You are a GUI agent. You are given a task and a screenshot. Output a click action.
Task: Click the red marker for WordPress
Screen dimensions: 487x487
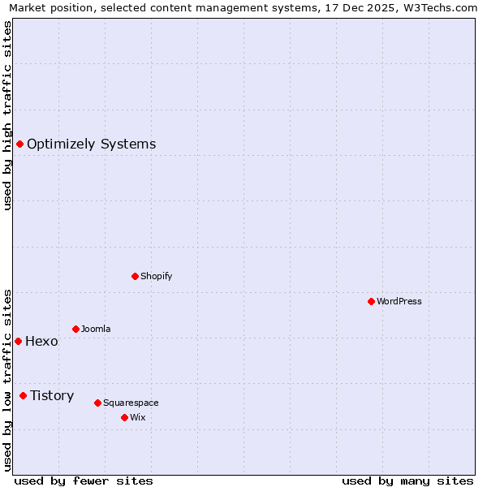[x=371, y=301]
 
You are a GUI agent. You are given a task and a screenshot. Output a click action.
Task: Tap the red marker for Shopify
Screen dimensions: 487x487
[x=135, y=276]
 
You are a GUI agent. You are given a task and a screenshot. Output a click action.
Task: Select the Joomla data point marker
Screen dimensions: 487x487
[x=75, y=329]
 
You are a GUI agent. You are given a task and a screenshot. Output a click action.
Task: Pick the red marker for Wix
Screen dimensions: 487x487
[x=124, y=417]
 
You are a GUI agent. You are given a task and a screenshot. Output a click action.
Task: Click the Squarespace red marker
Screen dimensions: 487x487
[x=97, y=403]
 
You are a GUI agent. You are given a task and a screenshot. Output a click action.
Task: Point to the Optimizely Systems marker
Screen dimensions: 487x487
[x=19, y=144]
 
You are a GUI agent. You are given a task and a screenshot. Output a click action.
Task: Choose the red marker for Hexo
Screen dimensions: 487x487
[x=18, y=341]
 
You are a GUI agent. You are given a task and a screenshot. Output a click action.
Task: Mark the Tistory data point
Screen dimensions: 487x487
[x=23, y=395]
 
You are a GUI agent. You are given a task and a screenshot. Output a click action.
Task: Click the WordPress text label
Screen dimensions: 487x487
[x=399, y=301]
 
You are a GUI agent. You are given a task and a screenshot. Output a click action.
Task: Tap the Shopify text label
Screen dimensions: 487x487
[x=157, y=276]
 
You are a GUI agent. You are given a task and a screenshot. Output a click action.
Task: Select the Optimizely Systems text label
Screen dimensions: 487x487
[x=91, y=144]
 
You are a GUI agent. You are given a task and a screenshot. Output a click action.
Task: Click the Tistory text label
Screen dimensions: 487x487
[x=52, y=395]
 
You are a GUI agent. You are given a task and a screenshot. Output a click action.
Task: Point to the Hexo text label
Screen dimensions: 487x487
[x=41, y=341]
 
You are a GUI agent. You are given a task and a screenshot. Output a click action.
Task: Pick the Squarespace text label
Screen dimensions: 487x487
[x=131, y=403]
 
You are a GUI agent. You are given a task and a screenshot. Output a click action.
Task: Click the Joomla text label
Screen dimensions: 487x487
[x=96, y=329]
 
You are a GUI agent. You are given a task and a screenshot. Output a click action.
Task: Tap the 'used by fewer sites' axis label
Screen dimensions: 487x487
[x=84, y=481]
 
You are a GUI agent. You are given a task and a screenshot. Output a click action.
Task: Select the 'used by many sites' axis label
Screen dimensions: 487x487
[x=407, y=481]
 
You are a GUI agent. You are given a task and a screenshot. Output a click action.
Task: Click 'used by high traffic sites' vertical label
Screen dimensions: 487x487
[x=7, y=115]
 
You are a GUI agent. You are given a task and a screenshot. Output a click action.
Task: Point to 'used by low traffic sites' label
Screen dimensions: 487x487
[x=7, y=380]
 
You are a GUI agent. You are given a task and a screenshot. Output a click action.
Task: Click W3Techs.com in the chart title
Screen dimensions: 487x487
[x=438, y=7]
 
